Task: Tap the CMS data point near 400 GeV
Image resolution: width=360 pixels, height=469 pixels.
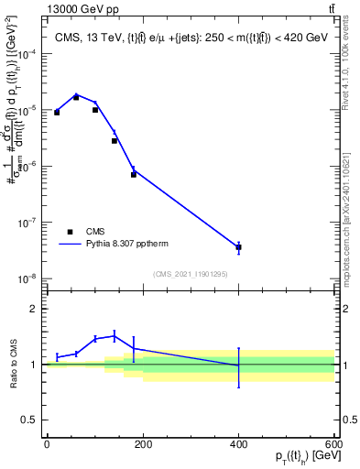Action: (x=238, y=247)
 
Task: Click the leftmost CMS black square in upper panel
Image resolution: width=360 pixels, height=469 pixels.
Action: (x=57, y=112)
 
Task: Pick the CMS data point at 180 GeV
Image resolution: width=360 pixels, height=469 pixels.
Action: (x=133, y=174)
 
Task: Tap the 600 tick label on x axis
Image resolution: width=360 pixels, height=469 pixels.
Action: (x=333, y=444)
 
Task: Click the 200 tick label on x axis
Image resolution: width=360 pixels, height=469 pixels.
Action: (x=142, y=444)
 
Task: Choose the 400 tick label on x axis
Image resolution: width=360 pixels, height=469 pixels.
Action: (x=238, y=444)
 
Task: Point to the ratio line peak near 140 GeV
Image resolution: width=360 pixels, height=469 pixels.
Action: (x=115, y=335)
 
